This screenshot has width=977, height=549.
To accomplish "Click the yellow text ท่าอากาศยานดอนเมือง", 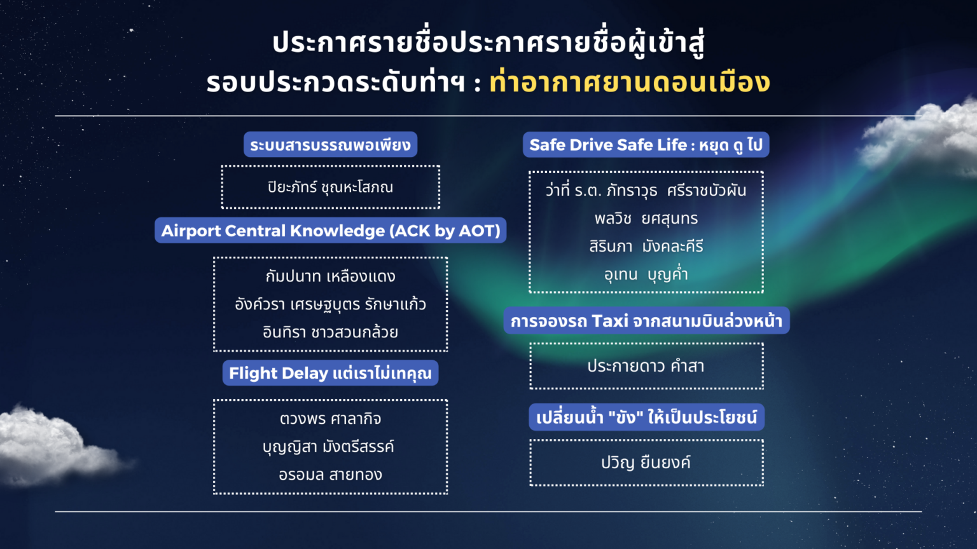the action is pyautogui.click(x=630, y=83).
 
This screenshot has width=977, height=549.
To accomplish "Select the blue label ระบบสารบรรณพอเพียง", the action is pyautogui.click(x=330, y=144).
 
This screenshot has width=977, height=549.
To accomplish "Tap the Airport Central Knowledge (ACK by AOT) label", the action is pyautogui.click(x=331, y=230).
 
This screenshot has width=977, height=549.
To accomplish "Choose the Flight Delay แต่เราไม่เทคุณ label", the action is pyautogui.click(x=330, y=373).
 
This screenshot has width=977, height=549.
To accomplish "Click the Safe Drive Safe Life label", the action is pyautogui.click(x=646, y=145).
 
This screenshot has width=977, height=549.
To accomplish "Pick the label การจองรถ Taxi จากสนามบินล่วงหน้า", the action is pyautogui.click(x=646, y=321).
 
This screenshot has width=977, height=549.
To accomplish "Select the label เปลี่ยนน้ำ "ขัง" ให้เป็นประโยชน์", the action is pyautogui.click(x=646, y=417).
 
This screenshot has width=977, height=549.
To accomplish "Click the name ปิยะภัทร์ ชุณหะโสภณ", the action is pyautogui.click(x=330, y=187).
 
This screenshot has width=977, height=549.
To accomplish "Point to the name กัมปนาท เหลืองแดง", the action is pyautogui.click(x=330, y=276).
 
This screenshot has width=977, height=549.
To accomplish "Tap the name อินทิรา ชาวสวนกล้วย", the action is pyautogui.click(x=330, y=332).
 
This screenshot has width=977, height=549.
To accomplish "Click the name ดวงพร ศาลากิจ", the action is pyautogui.click(x=330, y=419).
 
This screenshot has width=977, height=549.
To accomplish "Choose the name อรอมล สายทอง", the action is pyautogui.click(x=330, y=475).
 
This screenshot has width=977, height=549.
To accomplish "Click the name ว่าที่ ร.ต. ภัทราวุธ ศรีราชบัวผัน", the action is pyautogui.click(x=646, y=191).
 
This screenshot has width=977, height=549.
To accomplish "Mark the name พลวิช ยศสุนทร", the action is pyautogui.click(x=646, y=219).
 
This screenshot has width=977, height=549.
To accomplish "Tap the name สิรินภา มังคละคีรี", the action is pyautogui.click(x=646, y=247).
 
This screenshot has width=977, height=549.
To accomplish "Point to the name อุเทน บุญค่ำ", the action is pyautogui.click(x=646, y=274).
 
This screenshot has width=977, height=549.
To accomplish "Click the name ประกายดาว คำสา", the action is pyautogui.click(x=646, y=366).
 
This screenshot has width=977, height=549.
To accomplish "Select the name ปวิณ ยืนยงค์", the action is pyautogui.click(x=646, y=463).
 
